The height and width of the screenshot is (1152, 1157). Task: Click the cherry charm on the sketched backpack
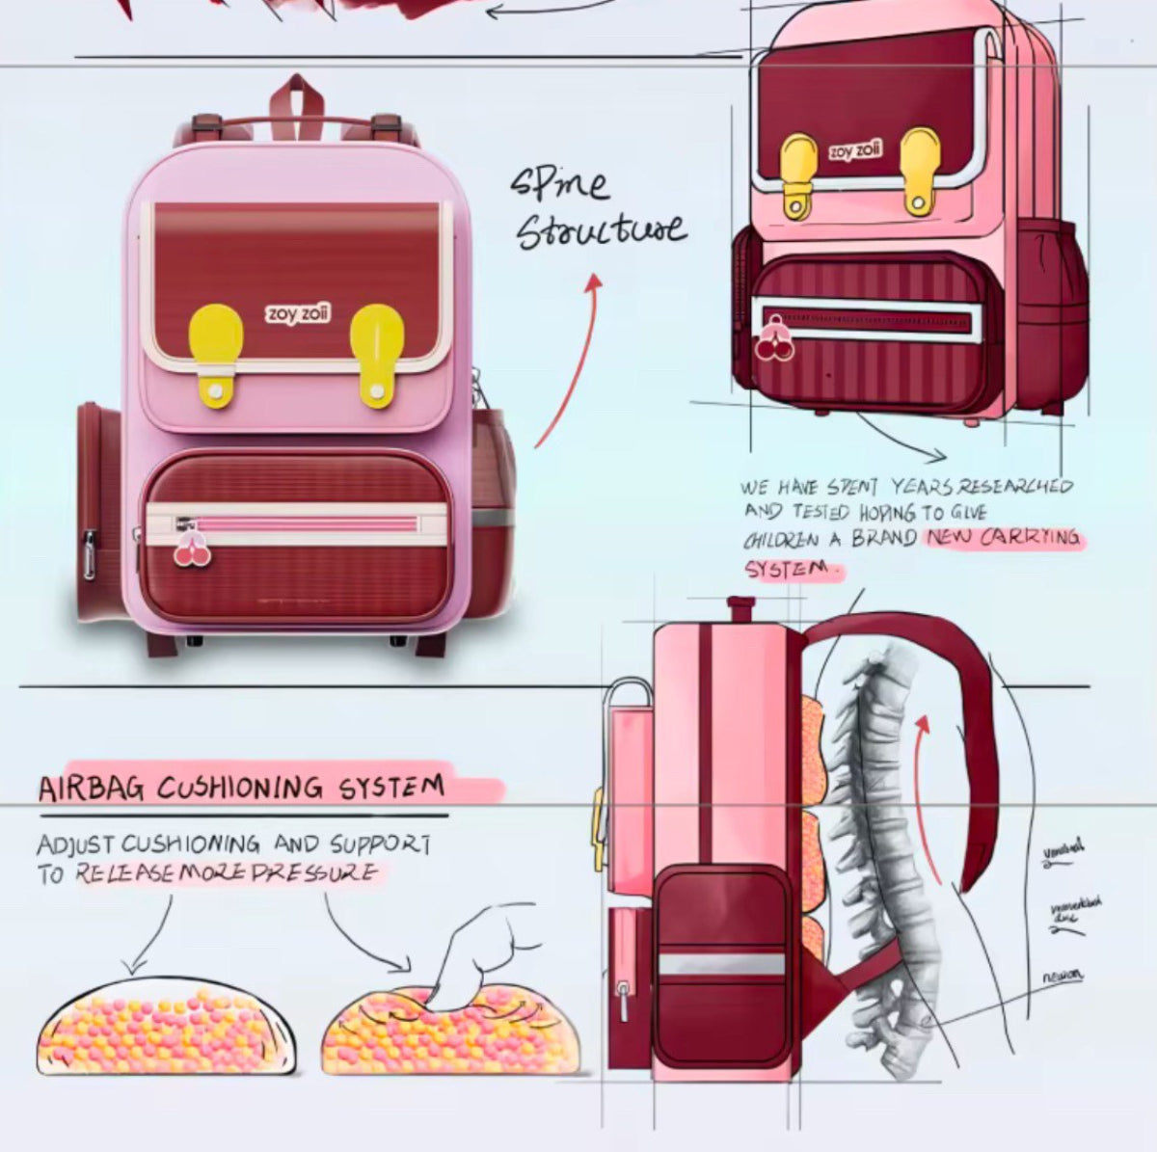(774, 341)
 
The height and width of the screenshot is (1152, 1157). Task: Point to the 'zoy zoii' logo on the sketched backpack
(854, 151)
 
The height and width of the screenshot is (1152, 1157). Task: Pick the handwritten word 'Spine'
(559, 183)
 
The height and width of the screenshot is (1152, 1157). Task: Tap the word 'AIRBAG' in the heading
(91, 789)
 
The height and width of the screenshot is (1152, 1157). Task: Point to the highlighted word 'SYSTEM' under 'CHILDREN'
(787, 569)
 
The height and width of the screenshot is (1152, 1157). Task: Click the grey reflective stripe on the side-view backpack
(721, 964)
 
